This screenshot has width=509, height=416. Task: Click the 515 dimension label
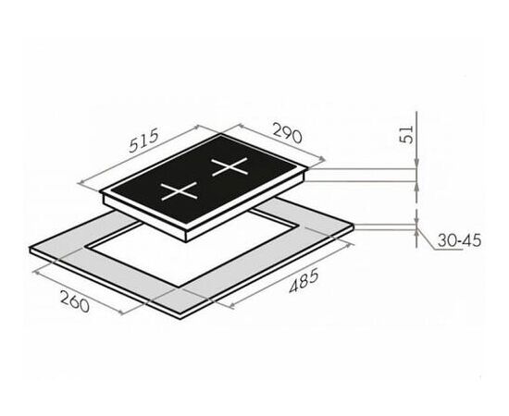click(x=143, y=141)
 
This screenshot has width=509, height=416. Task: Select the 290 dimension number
click(x=287, y=132)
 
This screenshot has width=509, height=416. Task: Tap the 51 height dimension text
click(x=407, y=134)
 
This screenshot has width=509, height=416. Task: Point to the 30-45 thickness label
click(x=459, y=240)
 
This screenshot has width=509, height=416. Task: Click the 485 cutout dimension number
click(x=304, y=281)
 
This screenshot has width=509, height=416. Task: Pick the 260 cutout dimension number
click(x=75, y=301)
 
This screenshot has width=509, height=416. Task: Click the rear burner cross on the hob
click(x=230, y=166)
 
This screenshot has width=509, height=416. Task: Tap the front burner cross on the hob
click(x=179, y=190)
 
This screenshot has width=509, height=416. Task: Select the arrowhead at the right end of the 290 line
click(x=322, y=159)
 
